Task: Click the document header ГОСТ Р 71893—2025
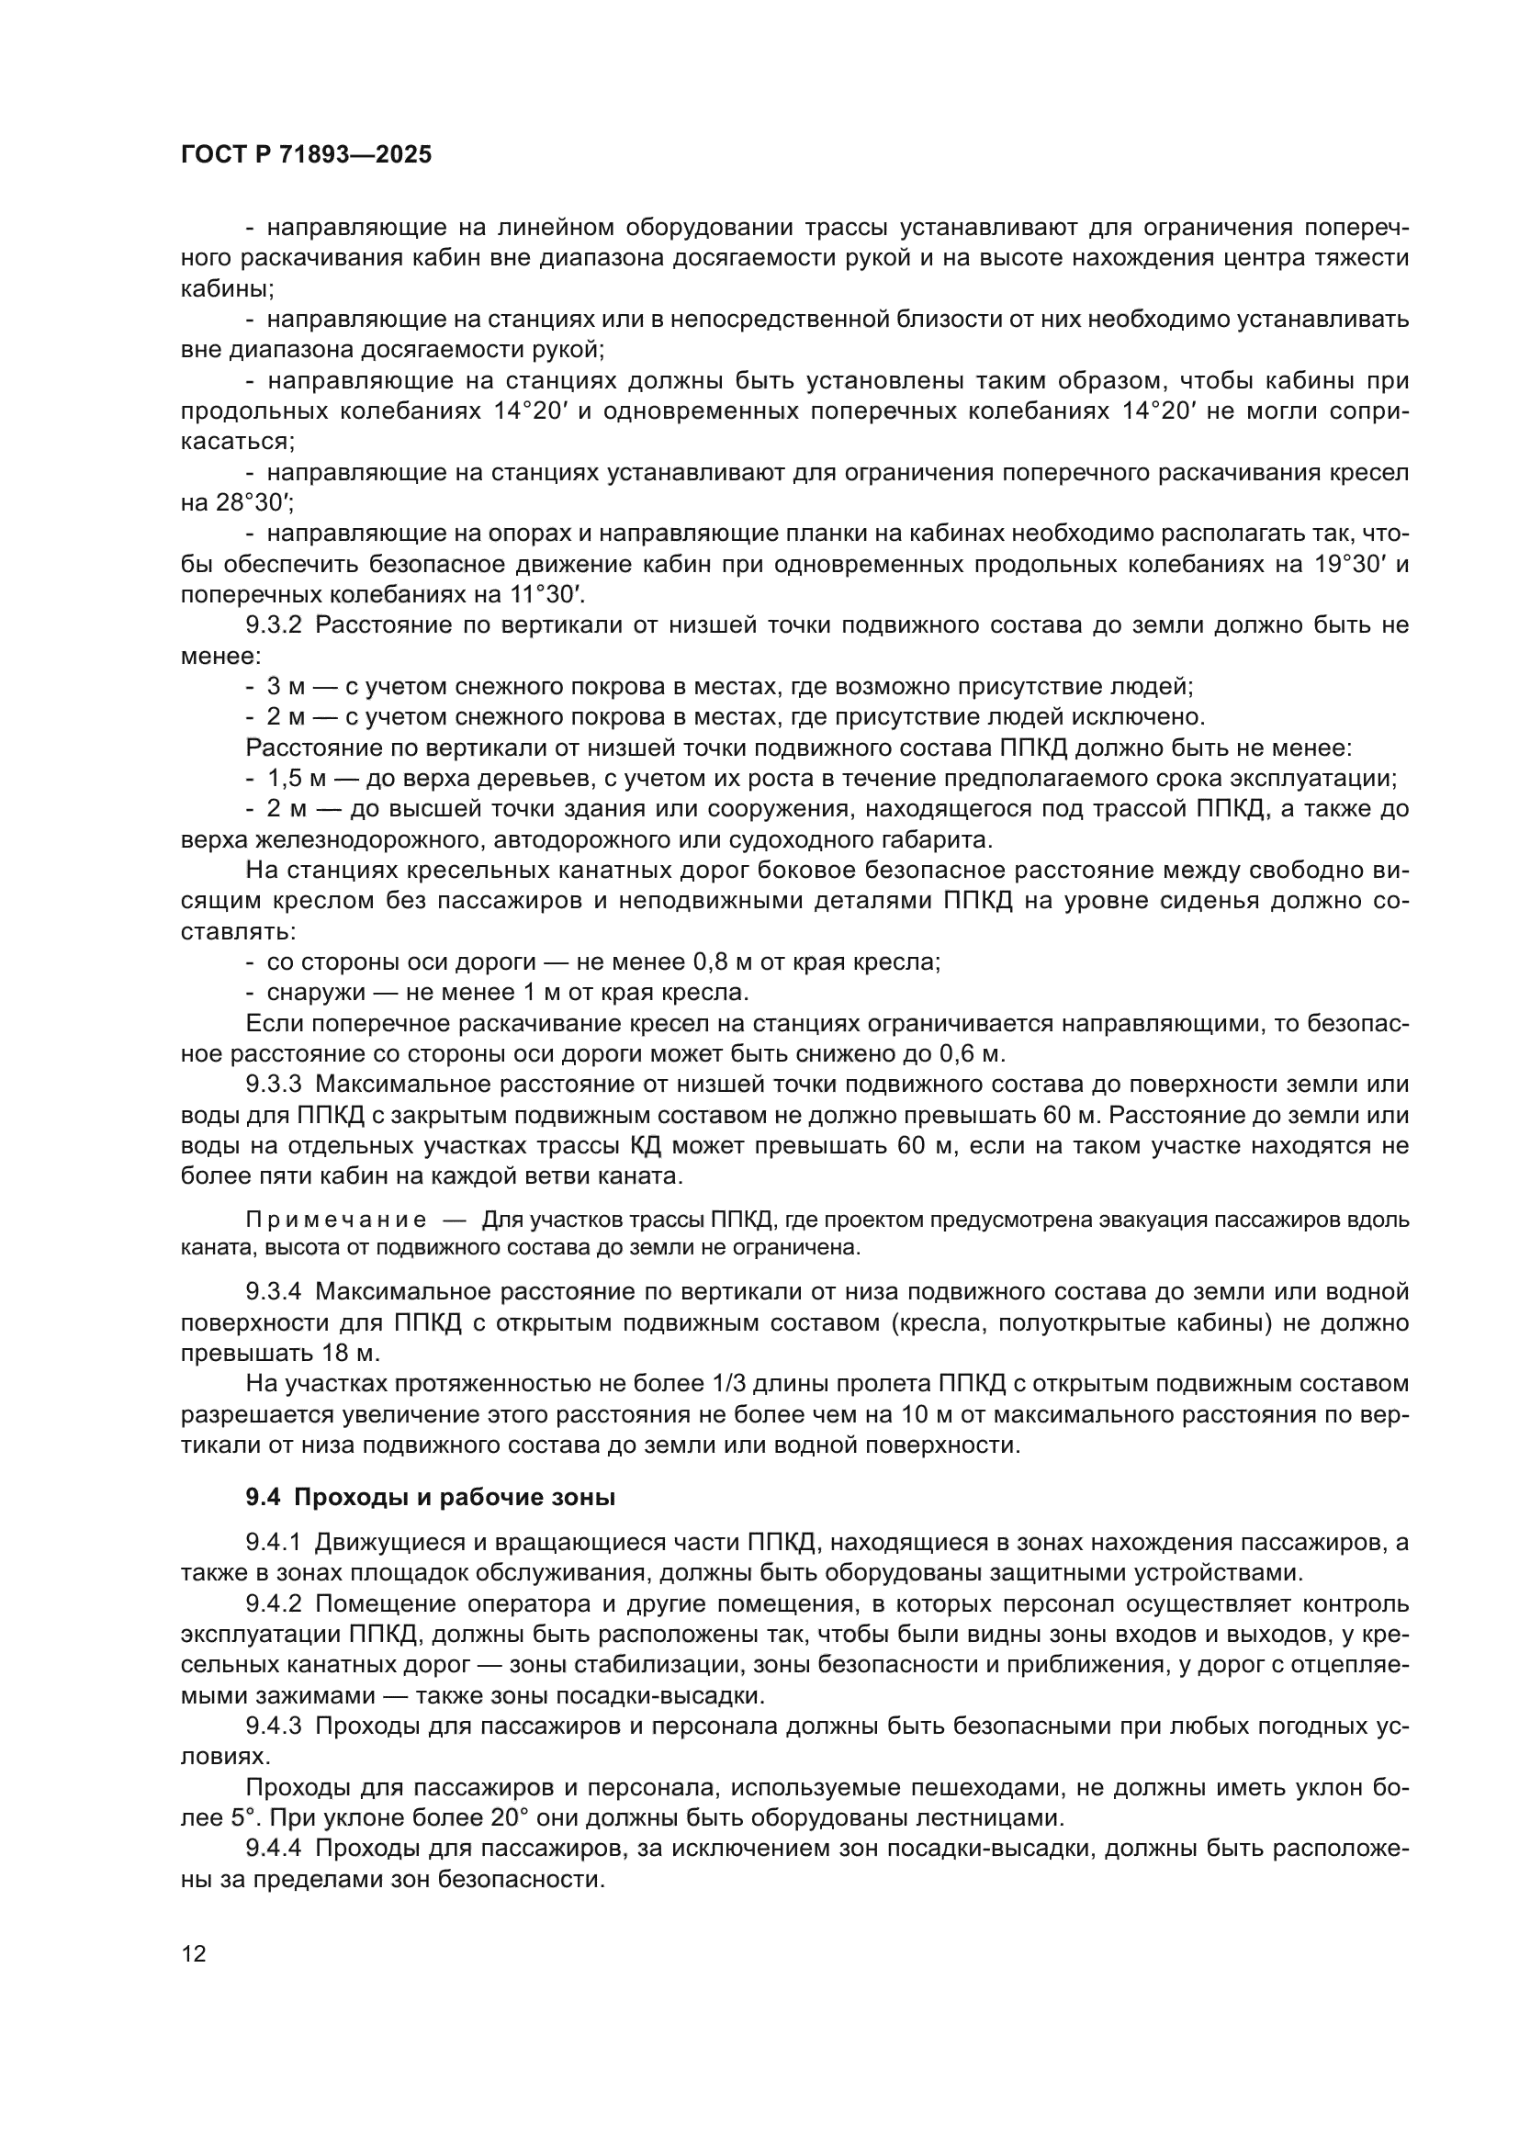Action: point(306,155)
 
